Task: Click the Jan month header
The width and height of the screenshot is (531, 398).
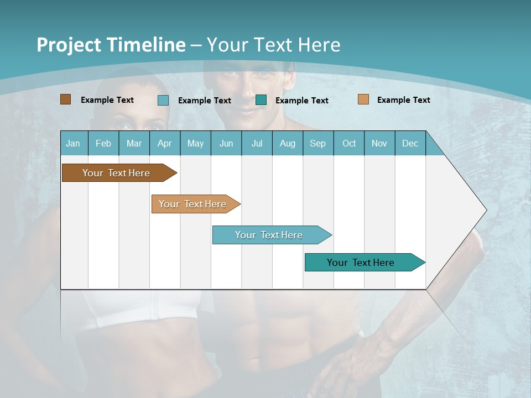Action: (74, 143)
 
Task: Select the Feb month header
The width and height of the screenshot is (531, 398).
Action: (103, 143)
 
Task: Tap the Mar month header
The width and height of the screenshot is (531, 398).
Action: (134, 143)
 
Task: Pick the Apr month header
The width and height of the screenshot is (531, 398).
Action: (165, 143)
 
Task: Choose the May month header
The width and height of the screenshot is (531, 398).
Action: (195, 143)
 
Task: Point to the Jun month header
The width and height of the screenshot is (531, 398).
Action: (226, 143)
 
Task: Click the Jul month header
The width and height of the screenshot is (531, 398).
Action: (257, 143)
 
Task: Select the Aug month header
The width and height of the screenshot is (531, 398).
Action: (288, 143)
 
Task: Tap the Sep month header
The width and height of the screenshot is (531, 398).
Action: (318, 143)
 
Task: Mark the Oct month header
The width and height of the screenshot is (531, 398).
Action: (349, 143)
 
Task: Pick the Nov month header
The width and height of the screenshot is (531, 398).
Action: (379, 143)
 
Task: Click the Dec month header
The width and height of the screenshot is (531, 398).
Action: (410, 143)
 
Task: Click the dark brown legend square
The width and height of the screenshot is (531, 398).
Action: (66, 99)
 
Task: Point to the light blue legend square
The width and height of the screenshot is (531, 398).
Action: (163, 100)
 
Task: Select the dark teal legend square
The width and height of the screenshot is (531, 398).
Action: (261, 100)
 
